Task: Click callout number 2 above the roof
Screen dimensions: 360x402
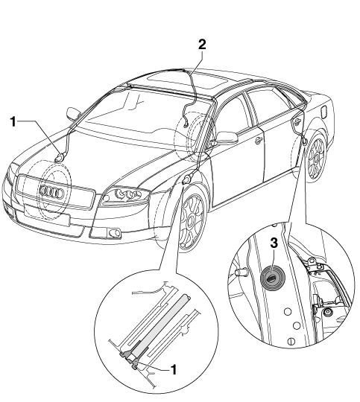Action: pyautogui.click(x=202, y=45)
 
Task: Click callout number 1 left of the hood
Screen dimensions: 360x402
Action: pyautogui.click(x=13, y=121)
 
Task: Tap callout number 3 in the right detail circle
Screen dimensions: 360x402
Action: pyautogui.click(x=274, y=243)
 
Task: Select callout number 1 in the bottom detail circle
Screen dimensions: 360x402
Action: pyautogui.click(x=174, y=370)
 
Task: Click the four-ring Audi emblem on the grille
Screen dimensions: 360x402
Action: pyautogui.click(x=51, y=191)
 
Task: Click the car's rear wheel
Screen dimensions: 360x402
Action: pyautogui.click(x=316, y=158)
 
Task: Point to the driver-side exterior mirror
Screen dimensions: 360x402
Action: pyautogui.click(x=227, y=138)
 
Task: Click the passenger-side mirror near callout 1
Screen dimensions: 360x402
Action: pyautogui.click(x=73, y=114)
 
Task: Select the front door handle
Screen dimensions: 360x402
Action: pyautogui.click(x=258, y=140)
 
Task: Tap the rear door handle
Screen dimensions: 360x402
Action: pyautogui.click(x=297, y=121)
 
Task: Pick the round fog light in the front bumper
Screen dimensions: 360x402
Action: pyautogui.click(x=115, y=233)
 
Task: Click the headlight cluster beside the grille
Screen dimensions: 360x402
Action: pyautogui.click(x=125, y=196)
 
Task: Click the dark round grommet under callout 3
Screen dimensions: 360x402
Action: pyautogui.click(x=273, y=278)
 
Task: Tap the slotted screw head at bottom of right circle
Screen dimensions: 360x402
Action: pyautogui.click(x=291, y=341)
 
